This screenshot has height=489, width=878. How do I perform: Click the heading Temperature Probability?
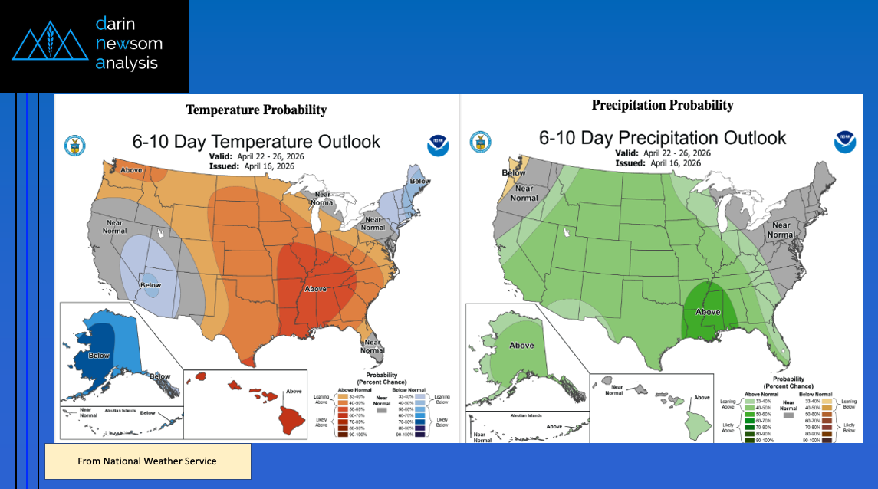256,110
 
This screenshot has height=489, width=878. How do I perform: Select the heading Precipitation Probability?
663,105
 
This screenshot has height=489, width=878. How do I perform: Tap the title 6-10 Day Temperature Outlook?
256,141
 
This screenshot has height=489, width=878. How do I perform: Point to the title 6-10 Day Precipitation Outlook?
663,137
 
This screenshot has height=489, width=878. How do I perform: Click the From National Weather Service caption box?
147,461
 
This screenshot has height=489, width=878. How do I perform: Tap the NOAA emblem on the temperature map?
438,145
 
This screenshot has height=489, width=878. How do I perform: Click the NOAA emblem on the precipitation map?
845,141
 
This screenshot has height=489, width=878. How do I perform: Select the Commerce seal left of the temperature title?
75,144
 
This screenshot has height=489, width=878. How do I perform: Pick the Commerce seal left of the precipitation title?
481,141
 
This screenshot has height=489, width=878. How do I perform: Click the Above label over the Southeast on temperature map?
315,288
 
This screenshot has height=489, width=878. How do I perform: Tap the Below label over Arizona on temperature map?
150,284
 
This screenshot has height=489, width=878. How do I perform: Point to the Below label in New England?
419,182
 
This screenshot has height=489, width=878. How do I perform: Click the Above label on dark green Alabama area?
708,312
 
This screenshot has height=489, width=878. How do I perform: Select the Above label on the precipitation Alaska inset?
521,345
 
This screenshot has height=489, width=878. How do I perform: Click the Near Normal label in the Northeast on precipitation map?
781,230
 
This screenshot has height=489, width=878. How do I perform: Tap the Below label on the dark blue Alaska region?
99,355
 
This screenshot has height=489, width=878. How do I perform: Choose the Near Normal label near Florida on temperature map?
373,346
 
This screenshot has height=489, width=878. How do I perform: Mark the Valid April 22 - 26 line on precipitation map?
663,153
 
